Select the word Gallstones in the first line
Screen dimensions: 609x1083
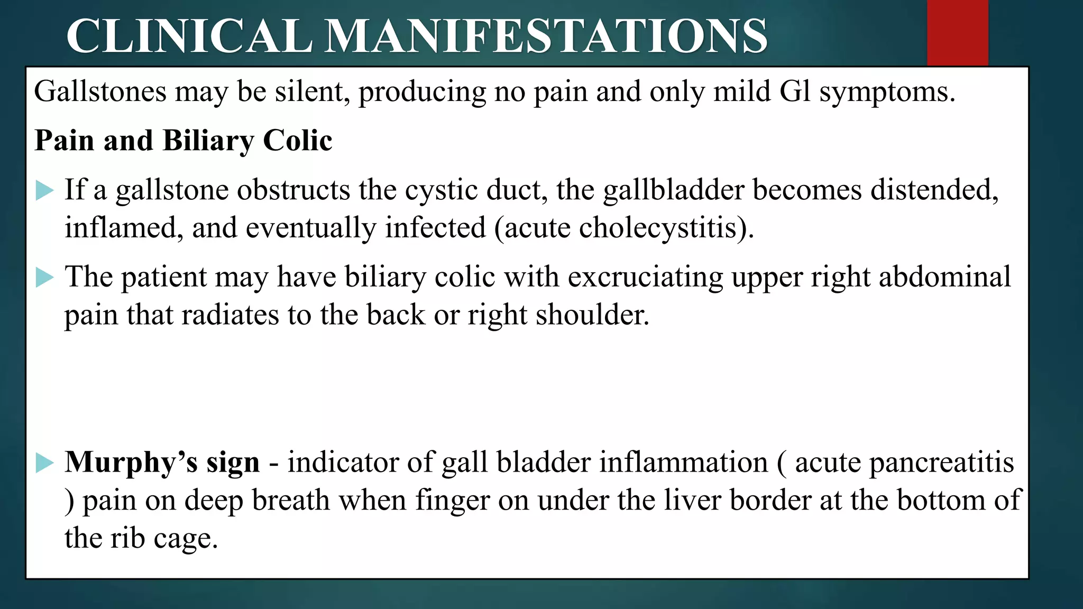tap(100, 91)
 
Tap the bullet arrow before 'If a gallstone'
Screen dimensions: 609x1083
tap(44, 190)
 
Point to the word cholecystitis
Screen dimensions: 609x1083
tap(658, 228)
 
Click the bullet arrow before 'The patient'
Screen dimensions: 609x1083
tap(44, 277)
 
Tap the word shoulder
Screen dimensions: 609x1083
tap(592, 315)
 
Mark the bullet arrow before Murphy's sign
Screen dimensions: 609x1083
tap(44, 463)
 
